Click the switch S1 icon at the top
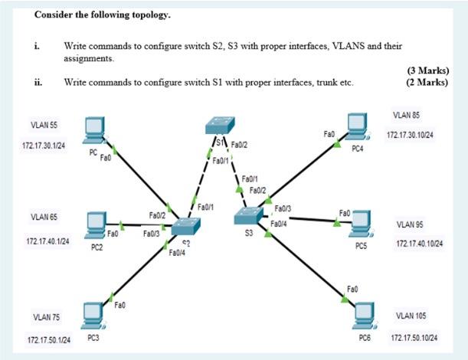221,127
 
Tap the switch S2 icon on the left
186,225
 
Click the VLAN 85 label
407,115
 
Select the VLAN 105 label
411,316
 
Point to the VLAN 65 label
44,217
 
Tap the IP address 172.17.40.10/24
420,244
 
